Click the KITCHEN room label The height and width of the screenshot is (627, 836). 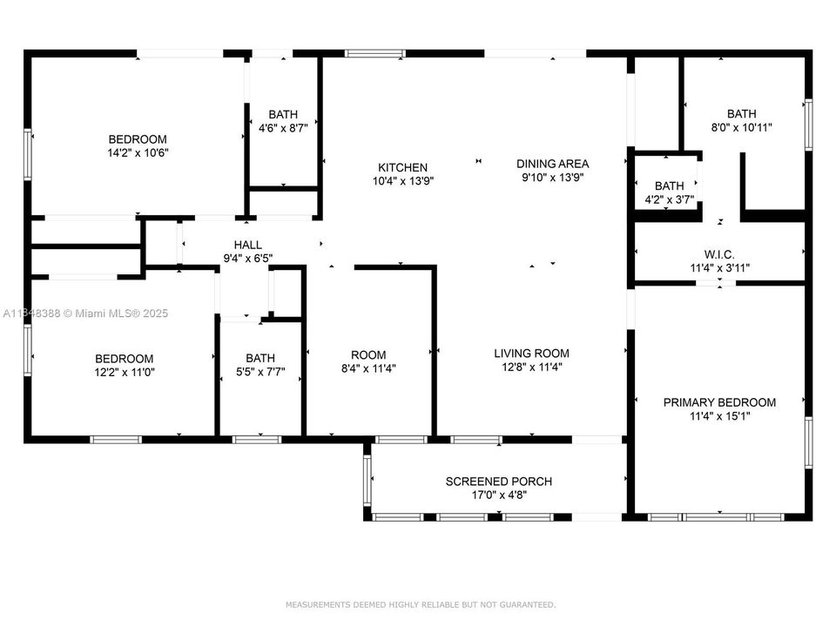[402, 167]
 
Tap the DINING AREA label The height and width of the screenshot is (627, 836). [552, 164]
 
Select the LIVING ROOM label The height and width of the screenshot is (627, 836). [531, 354]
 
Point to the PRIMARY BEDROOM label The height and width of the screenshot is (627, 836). [719, 402]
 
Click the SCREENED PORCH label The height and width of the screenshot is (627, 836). [498, 482]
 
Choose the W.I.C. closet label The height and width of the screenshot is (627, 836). [719, 253]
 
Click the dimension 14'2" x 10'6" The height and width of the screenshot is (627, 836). [137, 152]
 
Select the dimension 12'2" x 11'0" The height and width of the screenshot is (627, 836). [125, 372]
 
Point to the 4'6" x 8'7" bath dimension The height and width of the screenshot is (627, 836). [282, 127]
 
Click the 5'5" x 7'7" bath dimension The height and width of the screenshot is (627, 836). [260, 371]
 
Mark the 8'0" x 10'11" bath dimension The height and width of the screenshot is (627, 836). [741, 127]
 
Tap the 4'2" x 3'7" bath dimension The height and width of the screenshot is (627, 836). [669, 199]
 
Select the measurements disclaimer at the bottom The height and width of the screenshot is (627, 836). [420, 604]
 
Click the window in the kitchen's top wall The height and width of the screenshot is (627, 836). [375, 54]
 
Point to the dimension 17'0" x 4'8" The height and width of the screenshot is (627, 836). [498, 495]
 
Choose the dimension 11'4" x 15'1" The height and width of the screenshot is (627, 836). [719, 416]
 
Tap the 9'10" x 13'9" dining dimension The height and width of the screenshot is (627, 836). [552, 177]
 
